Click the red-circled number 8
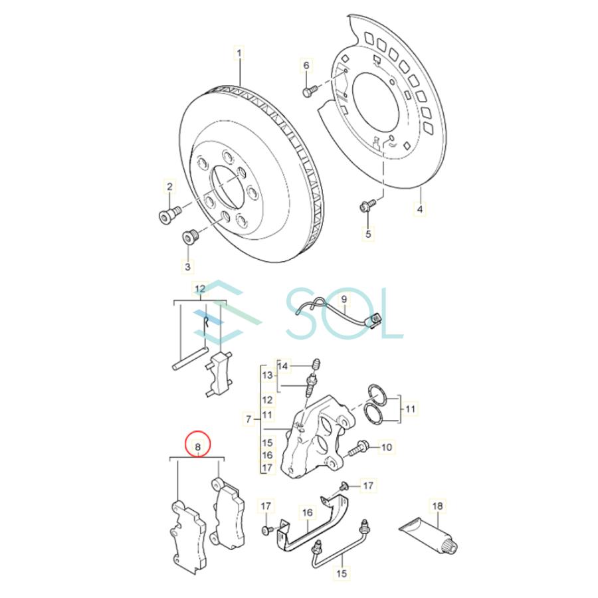[197, 444]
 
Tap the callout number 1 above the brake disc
[240, 52]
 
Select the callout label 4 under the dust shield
[419, 209]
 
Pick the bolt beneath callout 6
[308, 91]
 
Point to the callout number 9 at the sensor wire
[344, 300]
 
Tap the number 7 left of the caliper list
[249, 419]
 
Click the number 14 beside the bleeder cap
[284, 366]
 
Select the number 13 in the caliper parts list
[267, 376]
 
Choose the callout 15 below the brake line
[342, 572]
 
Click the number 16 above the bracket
[308, 513]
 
